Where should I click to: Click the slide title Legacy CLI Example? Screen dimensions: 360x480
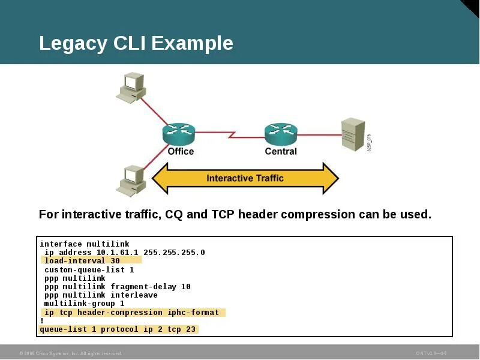136,43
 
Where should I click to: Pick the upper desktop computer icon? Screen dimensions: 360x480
131,86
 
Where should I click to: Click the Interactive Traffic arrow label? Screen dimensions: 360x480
245,178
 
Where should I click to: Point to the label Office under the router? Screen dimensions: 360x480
181,151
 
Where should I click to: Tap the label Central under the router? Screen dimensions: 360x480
281,151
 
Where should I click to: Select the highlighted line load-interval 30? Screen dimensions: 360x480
82,261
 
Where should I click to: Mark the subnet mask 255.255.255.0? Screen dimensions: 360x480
174,253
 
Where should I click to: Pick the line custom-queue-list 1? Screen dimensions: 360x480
89,270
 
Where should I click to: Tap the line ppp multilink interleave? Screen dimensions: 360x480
101,295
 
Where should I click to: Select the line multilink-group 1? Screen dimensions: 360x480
84,304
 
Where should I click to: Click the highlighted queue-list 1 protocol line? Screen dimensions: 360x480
118,329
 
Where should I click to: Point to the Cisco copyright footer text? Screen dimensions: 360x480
71,353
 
